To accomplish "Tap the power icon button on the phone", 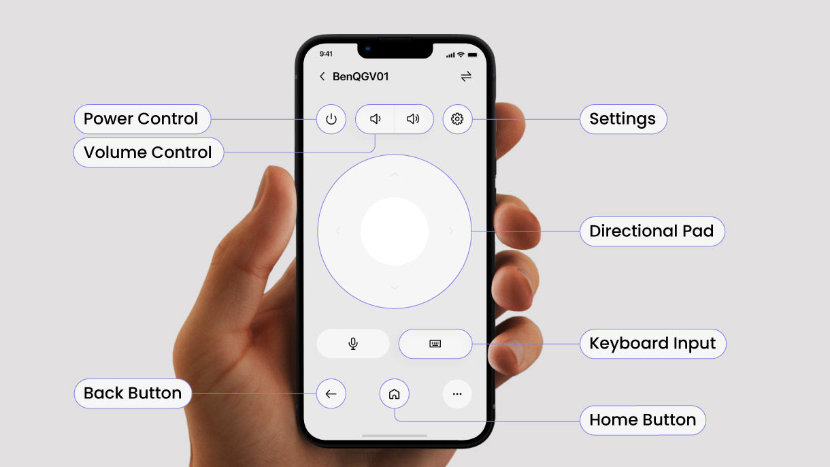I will coord(331,119).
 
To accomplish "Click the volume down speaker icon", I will coord(375,119).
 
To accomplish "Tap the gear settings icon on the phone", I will coord(457,119).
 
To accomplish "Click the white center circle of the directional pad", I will coord(395,231).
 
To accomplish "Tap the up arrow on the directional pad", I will coord(395,175).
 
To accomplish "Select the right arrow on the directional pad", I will coord(451,231).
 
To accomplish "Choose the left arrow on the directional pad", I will coord(338,231).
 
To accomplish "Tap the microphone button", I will coord(353,344).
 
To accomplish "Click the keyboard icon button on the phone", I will coord(435,344).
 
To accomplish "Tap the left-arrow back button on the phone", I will coord(331,393).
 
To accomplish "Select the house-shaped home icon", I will coord(394,393).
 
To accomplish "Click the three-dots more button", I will coord(457,393).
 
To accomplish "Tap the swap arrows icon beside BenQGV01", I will coord(466,76).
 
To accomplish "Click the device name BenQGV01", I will coord(361,76).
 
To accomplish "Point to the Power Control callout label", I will coord(142,119).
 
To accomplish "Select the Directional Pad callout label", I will coord(651,231).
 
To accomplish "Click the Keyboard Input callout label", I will coord(652,344).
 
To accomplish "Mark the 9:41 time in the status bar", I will coord(327,54).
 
